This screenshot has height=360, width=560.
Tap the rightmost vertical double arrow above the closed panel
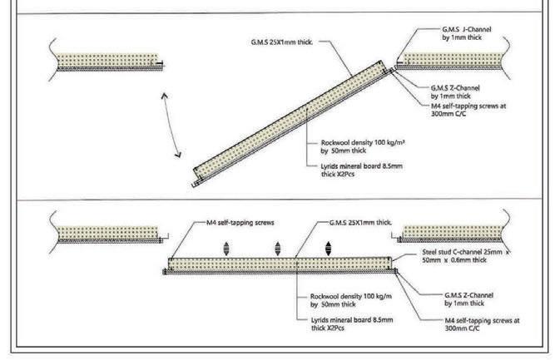pos(328,247)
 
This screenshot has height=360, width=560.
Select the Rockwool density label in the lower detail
pos(341,299)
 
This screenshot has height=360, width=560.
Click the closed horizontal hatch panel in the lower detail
pos(283,264)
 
